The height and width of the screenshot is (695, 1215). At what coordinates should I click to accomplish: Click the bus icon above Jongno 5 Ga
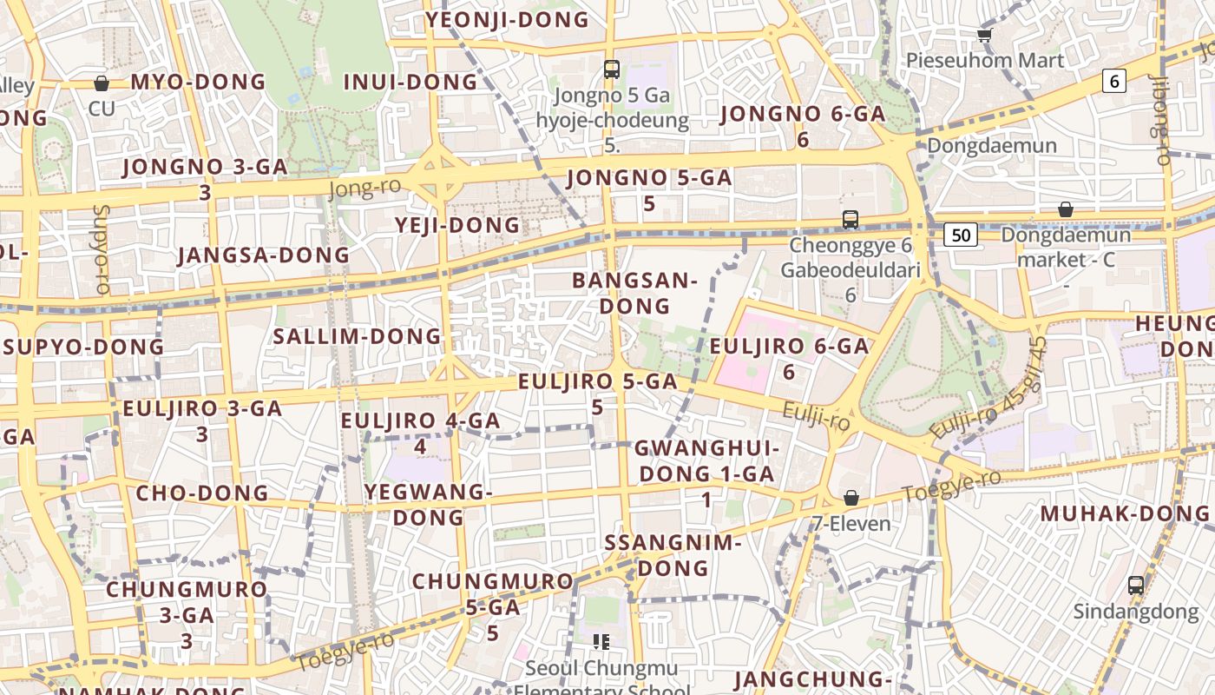click(612, 69)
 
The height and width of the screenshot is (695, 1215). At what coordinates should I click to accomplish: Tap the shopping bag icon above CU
click(102, 83)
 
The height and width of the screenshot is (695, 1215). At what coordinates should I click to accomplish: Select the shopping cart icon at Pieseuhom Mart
click(984, 35)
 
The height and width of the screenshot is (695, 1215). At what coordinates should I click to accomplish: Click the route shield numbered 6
click(1114, 81)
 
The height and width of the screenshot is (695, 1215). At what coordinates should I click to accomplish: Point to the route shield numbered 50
click(961, 235)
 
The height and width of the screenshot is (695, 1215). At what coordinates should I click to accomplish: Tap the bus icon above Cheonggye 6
click(850, 220)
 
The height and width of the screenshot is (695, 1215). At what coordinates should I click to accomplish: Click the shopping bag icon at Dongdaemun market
click(1066, 210)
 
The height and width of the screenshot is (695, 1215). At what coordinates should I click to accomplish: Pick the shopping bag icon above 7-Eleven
click(851, 499)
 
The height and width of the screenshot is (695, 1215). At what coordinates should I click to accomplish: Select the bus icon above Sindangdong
click(1136, 586)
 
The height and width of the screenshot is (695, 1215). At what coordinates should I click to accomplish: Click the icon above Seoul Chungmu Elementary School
click(601, 642)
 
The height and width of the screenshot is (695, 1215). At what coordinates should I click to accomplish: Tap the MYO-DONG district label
click(198, 83)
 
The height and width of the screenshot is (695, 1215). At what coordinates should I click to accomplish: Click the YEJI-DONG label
click(457, 226)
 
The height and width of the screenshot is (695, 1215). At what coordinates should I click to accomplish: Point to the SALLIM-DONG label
click(358, 336)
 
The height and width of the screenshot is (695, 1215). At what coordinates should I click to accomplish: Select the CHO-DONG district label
click(202, 493)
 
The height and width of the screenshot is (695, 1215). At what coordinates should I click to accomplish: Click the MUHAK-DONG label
click(1124, 513)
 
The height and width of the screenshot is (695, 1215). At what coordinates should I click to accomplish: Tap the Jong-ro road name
click(365, 189)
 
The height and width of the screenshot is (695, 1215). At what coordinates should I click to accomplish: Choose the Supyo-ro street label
click(102, 248)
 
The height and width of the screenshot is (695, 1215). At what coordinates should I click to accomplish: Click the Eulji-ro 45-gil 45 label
click(989, 388)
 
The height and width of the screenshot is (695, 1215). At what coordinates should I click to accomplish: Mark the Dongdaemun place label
click(992, 145)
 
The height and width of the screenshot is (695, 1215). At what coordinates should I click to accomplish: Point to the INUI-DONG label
click(410, 83)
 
